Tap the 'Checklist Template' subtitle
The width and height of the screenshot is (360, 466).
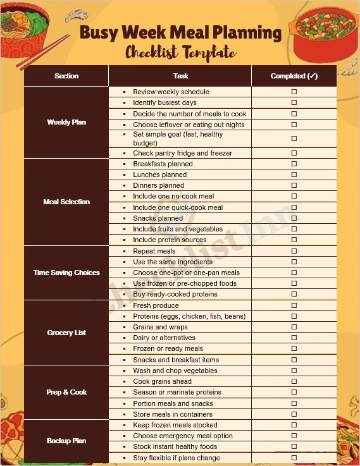click(180, 52)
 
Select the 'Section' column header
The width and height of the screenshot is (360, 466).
click(66, 76)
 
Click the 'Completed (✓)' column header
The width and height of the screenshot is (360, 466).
click(294, 76)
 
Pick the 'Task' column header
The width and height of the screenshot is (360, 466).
click(180, 76)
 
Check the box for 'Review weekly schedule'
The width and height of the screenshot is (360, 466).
click(294, 92)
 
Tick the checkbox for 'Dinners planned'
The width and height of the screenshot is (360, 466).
click(294, 186)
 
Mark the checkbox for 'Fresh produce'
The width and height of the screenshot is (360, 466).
click(294, 305)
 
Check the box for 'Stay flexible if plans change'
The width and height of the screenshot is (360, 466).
click(294, 458)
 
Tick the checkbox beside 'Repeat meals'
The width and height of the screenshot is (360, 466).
click(294, 251)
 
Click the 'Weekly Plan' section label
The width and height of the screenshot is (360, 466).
click(66, 122)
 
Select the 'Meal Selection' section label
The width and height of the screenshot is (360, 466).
click(66, 202)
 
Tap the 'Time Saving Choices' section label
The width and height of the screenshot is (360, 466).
click(66, 273)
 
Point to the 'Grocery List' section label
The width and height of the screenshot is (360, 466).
click(66, 333)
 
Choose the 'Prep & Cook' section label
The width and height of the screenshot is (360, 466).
click(66, 392)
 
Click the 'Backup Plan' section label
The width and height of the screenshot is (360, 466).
click(66, 441)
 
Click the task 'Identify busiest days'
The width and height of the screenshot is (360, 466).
click(164, 102)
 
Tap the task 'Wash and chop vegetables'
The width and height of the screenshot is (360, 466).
click(175, 371)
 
